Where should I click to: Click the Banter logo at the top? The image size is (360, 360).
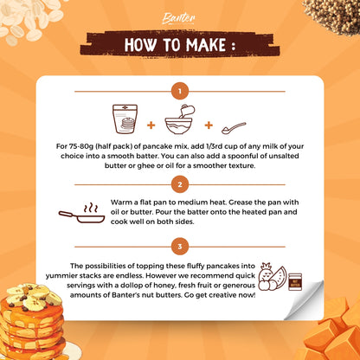179,16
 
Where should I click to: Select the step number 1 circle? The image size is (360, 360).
180,90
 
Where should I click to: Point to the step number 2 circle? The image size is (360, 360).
180,184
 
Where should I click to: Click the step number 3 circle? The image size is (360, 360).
180,245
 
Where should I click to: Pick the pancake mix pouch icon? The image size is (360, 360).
124,119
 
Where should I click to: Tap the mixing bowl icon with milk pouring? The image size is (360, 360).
180,119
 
